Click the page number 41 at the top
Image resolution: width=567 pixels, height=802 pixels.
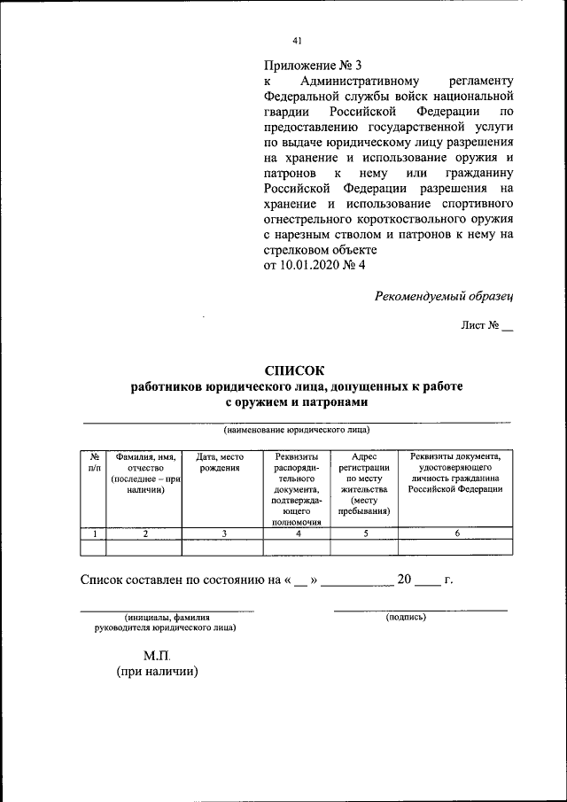(297, 40)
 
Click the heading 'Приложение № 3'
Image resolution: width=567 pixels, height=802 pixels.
(313, 65)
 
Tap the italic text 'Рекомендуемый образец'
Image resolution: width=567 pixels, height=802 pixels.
(444, 295)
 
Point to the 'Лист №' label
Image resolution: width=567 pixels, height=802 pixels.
(480, 325)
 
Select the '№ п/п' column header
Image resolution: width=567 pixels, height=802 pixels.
(94, 462)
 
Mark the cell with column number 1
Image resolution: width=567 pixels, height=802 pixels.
(94, 533)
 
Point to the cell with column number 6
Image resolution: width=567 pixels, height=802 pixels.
(455, 533)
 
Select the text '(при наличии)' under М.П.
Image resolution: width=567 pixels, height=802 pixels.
(157, 672)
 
